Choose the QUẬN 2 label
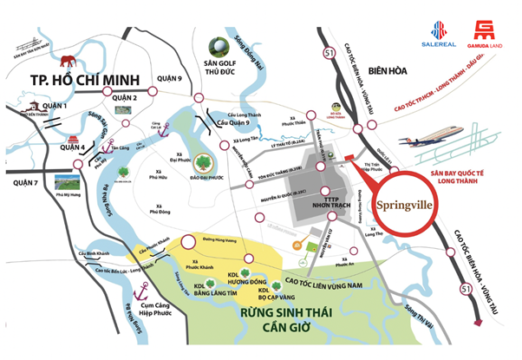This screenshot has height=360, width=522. coord(124,97)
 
